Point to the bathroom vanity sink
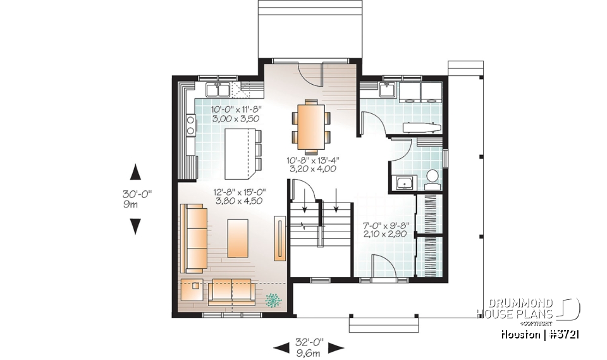click(x=404, y=183)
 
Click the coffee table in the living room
click(x=237, y=238)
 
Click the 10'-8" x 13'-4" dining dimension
click(x=312, y=164)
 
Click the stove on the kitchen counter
click(x=190, y=124)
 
